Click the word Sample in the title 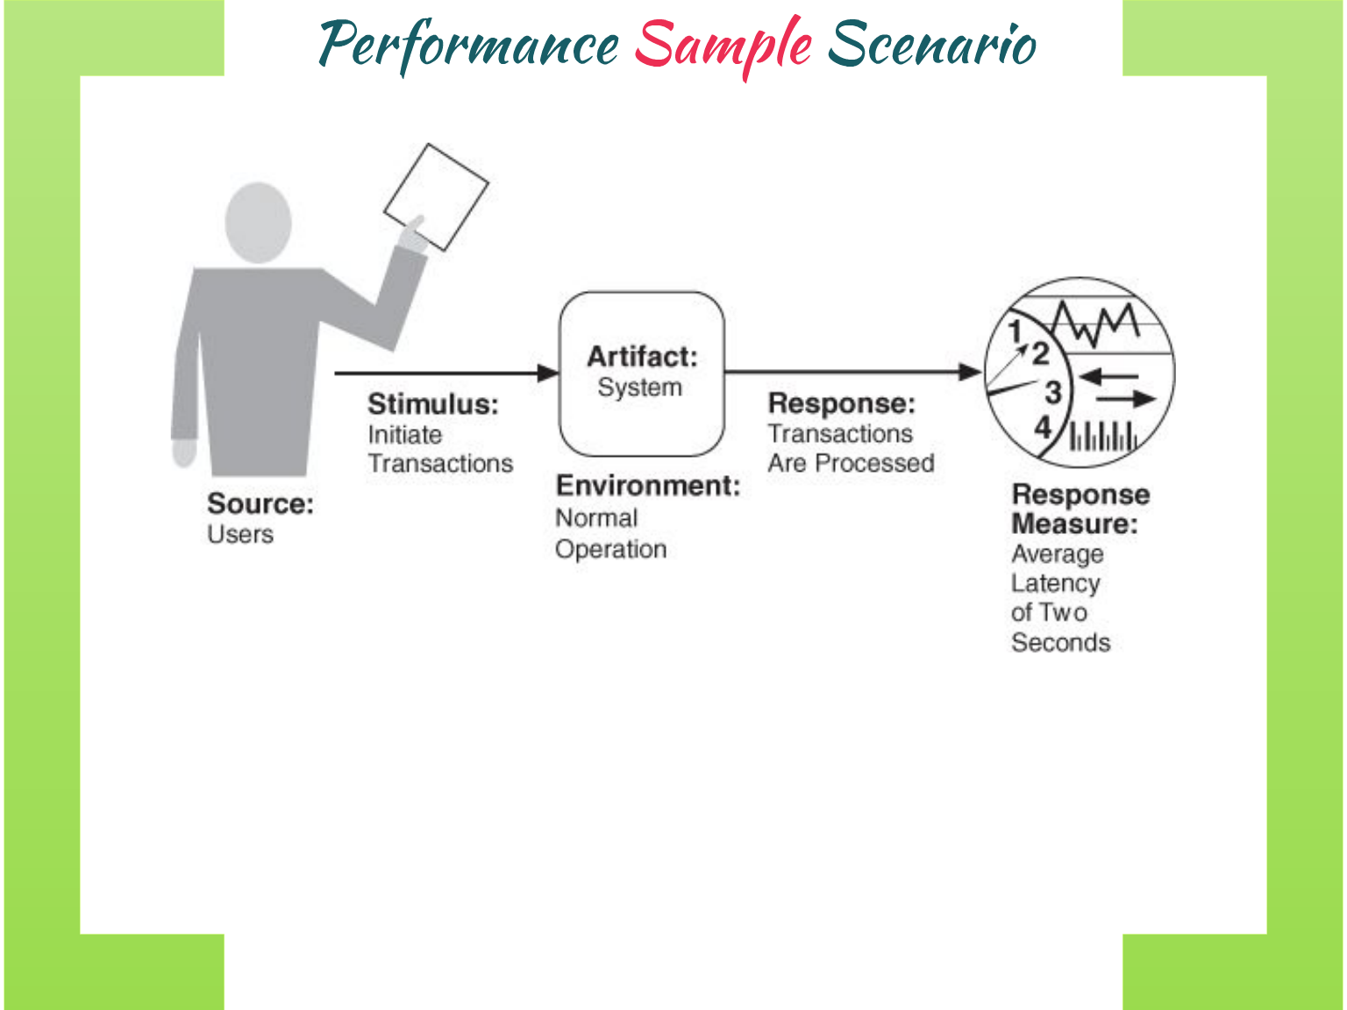(x=723, y=44)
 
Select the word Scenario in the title (x=931, y=44)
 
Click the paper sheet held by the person (x=437, y=196)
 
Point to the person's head (x=258, y=222)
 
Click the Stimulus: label (x=432, y=404)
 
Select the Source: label (x=260, y=504)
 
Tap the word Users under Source (x=240, y=534)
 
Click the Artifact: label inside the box (x=642, y=357)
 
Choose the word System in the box (x=639, y=388)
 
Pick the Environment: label (x=647, y=486)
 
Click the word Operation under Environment (x=610, y=550)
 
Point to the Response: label (x=841, y=403)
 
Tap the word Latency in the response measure (x=1055, y=583)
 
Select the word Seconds (x=1060, y=643)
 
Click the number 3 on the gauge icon (x=1052, y=392)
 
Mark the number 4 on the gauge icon (x=1043, y=427)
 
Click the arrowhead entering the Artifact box (x=548, y=373)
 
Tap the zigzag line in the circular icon (x=1095, y=324)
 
